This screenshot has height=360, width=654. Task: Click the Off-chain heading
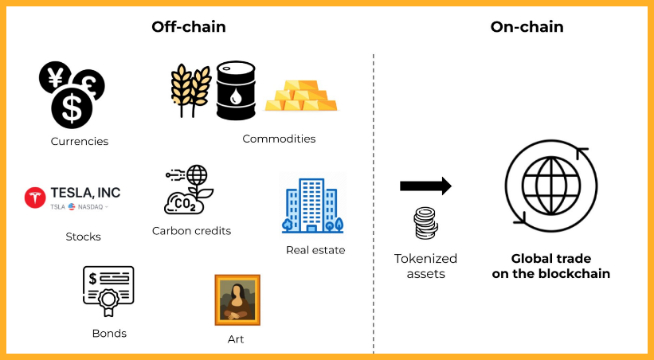tap(189, 27)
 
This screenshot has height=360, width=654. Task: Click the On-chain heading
tap(527, 27)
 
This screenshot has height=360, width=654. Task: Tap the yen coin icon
tap(55, 77)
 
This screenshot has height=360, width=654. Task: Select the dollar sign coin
tap(72, 108)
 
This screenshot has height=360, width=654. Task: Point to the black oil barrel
tap(236, 91)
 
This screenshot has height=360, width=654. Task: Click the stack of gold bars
tap(301, 96)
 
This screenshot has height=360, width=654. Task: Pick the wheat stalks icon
tap(190, 90)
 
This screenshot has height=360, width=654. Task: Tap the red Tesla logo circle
tap(35, 198)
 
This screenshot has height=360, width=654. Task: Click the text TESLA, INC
tap(85, 192)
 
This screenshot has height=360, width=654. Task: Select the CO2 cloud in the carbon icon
tap(184, 205)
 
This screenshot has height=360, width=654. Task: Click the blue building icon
tap(313, 205)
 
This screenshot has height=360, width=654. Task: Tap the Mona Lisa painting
tap(237, 300)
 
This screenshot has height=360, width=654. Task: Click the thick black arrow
tap(425, 186)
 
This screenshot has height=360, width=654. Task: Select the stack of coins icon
tap(425, 223)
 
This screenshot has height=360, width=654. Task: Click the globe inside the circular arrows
tap(551, 186)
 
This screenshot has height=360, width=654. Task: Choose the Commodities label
tap(279, 139)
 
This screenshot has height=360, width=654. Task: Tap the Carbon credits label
tap(191, 231)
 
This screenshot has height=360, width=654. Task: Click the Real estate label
tap(315, 250)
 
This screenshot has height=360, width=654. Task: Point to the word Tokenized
tap(425, 259)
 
